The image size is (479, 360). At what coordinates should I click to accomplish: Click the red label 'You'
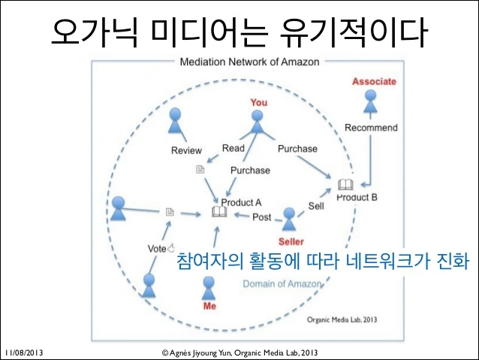pyautogui.click(x=259, y=102)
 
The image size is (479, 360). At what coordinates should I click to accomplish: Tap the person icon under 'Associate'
pyautogui.click(x=371, y=101)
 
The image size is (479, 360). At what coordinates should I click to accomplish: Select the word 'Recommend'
pyautogui.click(x=371, y=128)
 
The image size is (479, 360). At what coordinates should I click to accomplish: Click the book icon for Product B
pyautogui.click(x=345, y=184)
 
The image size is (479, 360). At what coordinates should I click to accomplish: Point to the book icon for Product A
pyautogui.click(x=219, y=212)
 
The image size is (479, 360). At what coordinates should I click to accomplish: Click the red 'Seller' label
pyautogui.click(x=291, y=242)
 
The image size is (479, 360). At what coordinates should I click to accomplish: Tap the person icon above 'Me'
pyautogui.click(x=209, y=288)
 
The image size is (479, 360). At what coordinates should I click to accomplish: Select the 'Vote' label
pyautogui.click(x=157, y=249)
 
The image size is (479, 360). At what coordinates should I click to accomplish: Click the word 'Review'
pyautogui.click(x=186, y=150)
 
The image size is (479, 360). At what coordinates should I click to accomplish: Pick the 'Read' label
pyautogui.click(x=233, y=148)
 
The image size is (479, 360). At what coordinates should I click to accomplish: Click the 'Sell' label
pyautogui.click(x=316, y=206)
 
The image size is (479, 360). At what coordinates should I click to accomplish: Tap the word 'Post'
pyautogui.click(x=261, y=217)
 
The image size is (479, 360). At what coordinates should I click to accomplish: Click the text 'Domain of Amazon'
pyautogui.click(x=282, y=284)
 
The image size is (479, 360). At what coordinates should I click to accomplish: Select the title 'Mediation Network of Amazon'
pyautogui.click(x=249, y=62)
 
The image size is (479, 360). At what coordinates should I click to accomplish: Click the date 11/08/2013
pyautogui.click(x=24, y=352)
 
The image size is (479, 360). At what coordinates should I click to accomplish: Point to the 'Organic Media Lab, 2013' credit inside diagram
pyautogui.click(x=342, y=319)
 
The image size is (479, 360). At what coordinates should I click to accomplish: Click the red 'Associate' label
pyautogui.click(x=374, y=81)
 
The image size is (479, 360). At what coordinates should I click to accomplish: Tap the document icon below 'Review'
pyautogui.click(x=200, y=169)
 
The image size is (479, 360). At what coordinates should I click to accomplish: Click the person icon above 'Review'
pyautogui.click(x=175, y=120)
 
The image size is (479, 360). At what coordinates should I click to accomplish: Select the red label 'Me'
pyautogui.click(x=209, y=306)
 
